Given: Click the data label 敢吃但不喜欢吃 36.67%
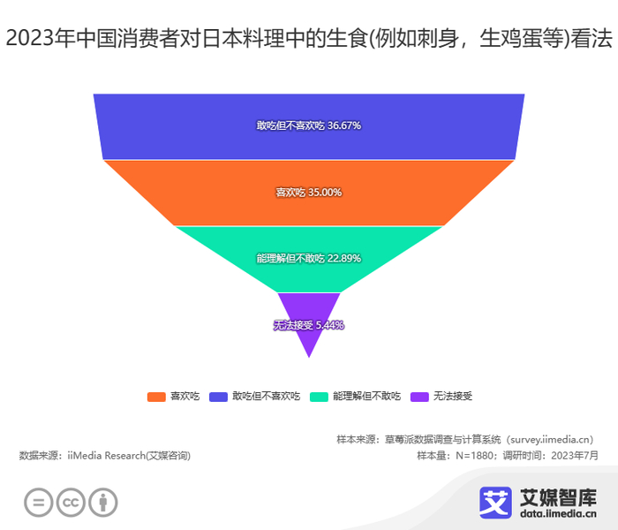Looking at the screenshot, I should click(309, 126).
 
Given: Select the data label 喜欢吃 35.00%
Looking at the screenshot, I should click(309, 193).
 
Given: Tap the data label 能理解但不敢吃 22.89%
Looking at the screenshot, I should click(309, 259).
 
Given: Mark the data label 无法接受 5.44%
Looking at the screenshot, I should click(308, 325).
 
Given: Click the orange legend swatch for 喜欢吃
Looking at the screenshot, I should click(156, 397).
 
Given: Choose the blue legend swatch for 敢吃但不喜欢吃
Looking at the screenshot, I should click(219, 397).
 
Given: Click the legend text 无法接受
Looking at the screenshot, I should click(453, 397).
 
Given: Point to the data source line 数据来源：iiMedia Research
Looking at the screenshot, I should click(104, 456).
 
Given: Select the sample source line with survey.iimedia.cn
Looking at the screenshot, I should click(464, 439).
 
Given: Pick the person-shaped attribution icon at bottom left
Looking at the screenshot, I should click(103, 503).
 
